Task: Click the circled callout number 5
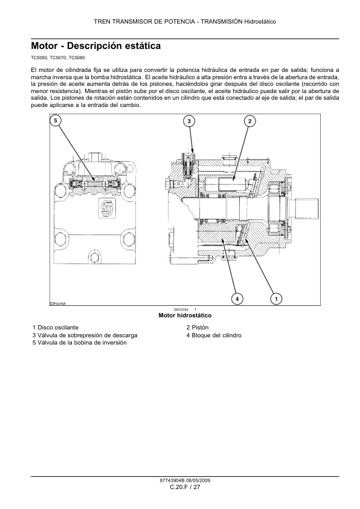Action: pyautogui.click(x=56, y=121)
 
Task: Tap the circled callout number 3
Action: pyautogui.click(x=190, y=122)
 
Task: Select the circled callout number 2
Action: pyautogui.click(x=249, y=122)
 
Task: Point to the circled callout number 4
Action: pyautogui.click(x=237, y=299)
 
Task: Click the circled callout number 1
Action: pyautogui.click(x=276, y=299)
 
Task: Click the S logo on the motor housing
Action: pyautogui.click(x=106, y=209)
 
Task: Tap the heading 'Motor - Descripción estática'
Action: pyautogui.click(x=95, y=46)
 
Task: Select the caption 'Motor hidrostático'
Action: pyautogui.click(x=185, y=315)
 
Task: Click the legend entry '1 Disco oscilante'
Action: pyautogui.click(x=56, y=327)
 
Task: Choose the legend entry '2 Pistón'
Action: pyautogui.click(x=197, y=327)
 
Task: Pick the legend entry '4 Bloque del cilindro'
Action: pyautogui.click(x=214, y=336)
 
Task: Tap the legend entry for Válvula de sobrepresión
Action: pyautogui.click(x=85, y=336)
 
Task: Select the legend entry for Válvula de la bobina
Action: pyautogui.click(x=80, y=343)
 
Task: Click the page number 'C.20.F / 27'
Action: pyautogui.click(x=185, y=487)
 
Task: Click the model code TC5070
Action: pyautogui.click(x=58, y=58)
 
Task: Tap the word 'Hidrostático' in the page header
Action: pyautogui.click(x=260, y=22)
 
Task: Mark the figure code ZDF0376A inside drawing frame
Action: pyautogui.click(x=58, y=303)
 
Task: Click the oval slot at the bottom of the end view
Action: pyautogui.click(x=94, y=258)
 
